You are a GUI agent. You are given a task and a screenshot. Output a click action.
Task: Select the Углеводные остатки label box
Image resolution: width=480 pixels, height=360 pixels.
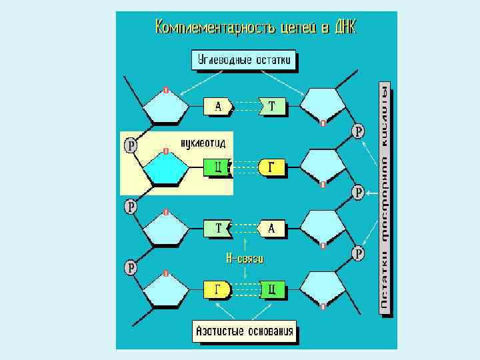point(244,61)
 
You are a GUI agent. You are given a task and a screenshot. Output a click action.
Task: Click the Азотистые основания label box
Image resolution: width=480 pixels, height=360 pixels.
point(244,331)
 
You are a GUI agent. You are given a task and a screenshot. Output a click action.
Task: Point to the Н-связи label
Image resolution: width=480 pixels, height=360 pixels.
point(245,258)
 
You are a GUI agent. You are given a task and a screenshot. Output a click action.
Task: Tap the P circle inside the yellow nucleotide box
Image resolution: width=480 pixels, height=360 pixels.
point(131,145)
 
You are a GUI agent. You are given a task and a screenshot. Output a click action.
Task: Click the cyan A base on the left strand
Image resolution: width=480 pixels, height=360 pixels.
point(219,105)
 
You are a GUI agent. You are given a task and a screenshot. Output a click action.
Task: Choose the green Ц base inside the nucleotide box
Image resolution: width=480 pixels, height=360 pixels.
point(217,167)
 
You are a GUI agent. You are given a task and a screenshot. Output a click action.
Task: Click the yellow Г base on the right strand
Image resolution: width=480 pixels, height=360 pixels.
point(271,167)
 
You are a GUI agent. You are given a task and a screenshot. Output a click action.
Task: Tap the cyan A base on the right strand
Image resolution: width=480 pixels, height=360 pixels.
point(271,229)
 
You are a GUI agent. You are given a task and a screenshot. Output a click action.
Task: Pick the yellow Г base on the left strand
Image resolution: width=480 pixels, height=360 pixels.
point(217,290)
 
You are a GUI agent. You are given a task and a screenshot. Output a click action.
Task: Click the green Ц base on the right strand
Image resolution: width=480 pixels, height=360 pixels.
point(273,290)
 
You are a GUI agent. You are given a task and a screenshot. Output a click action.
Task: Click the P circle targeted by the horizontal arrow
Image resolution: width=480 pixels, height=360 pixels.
point(358,193)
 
